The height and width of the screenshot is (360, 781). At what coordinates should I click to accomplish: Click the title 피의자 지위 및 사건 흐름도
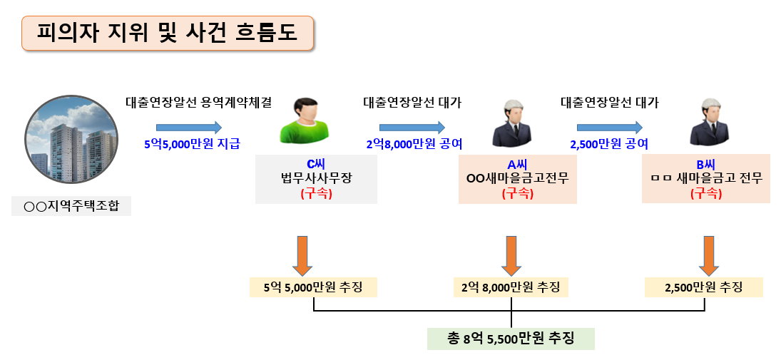pos(167,34)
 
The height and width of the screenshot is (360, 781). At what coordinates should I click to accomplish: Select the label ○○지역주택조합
pos(71,206)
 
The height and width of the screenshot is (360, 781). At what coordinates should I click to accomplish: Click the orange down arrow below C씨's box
pos(302,255)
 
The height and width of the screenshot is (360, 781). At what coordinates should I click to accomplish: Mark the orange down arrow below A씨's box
pos(511,255)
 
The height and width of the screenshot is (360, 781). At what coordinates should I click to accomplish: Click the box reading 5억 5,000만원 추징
pos(313,287)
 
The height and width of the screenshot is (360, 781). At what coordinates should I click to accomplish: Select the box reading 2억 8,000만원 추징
pos(511,287)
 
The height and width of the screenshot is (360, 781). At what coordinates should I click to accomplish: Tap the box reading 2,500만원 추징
pos(703,287)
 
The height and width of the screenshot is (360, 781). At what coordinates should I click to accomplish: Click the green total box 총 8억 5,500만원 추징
pos(511,337)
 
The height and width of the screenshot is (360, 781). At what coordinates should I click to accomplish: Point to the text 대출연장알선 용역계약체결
pos(198,102)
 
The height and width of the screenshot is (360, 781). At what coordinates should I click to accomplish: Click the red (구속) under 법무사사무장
pos(315,192)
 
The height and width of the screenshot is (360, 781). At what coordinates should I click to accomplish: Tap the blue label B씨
pos(705,164)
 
